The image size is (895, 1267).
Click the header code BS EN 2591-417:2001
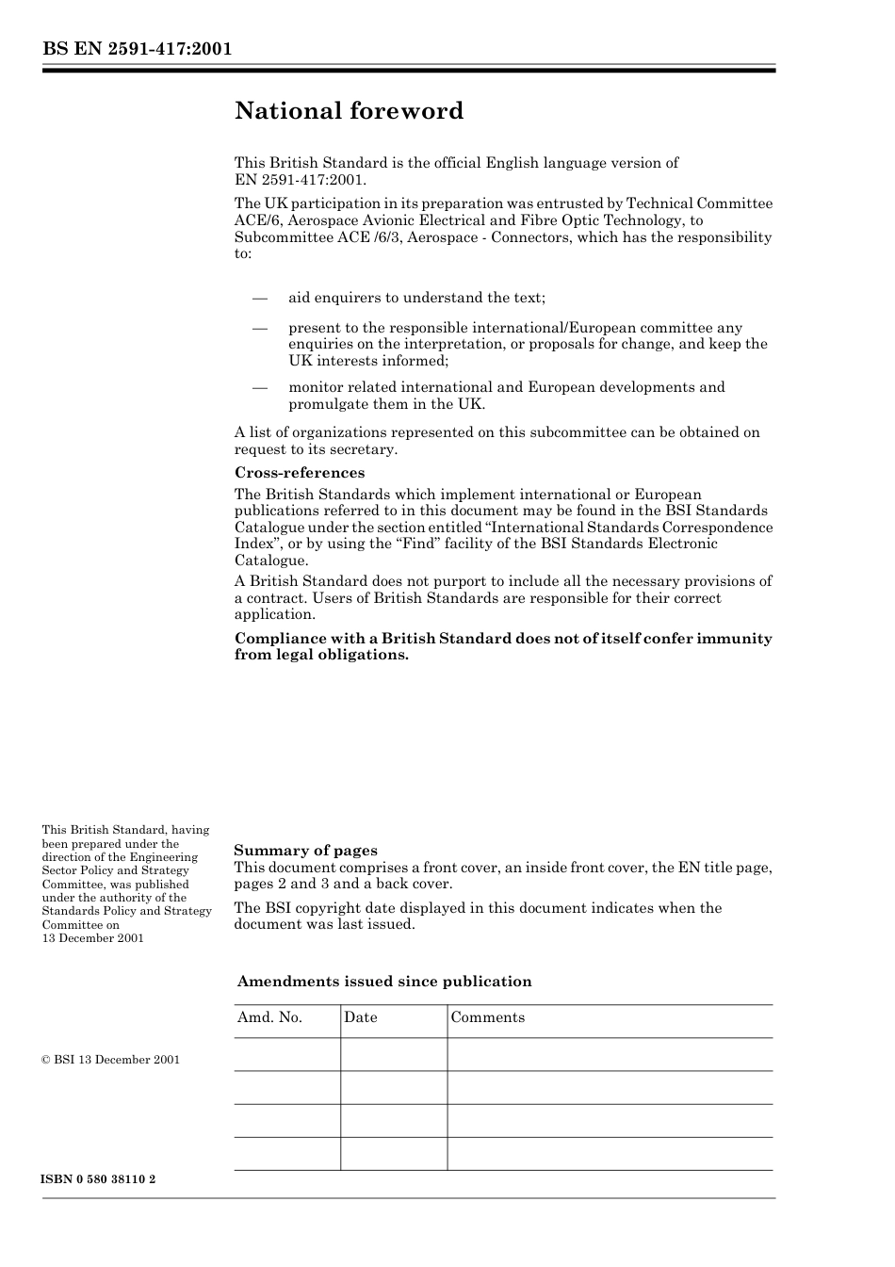137,49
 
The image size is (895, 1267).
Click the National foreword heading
349,111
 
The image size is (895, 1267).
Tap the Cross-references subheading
299,473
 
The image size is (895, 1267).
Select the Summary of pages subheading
305,850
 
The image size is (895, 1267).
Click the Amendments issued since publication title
384,982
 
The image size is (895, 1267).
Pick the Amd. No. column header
269,1017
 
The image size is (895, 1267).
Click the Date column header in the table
360,1017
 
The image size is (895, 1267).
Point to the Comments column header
487,1017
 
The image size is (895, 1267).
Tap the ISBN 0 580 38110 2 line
99,1178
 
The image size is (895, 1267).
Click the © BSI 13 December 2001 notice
111,1060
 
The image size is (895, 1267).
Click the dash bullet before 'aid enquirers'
261,298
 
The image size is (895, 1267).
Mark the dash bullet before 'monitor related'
261,387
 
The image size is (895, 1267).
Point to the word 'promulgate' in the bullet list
327,404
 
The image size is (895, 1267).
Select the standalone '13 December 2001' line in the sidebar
92,938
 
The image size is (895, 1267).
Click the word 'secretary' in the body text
362,449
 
